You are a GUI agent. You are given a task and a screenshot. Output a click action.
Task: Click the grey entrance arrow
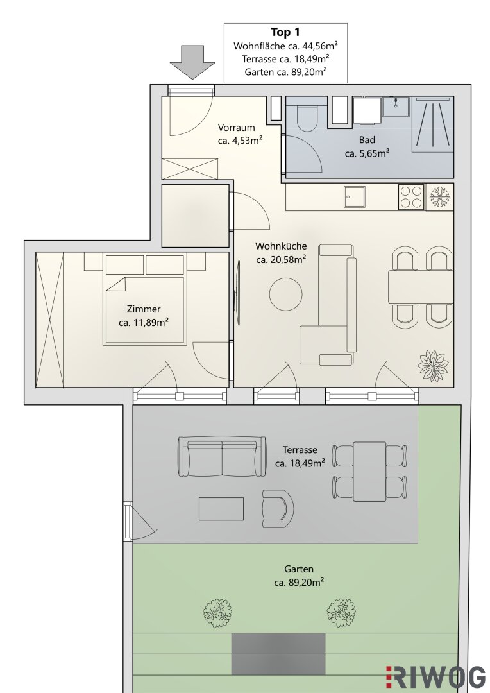pyautogui.click(x=192, y=62)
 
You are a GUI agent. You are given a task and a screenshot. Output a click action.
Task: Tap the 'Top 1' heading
pyautogui.click(x=285, y=32)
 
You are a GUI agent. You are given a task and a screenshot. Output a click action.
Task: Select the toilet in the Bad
pyautogui.click(x=307, y=114)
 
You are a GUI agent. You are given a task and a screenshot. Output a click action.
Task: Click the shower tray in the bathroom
pyautogui.click(x=434, y=124)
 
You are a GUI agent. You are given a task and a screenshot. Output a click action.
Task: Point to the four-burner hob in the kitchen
pyautogui.click(x=411, y=197)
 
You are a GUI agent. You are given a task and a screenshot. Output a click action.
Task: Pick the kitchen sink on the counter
pyautogui.click(x=355, y=197)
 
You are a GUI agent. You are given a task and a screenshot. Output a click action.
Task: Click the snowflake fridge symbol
pyautogui.click(x=439, y=197)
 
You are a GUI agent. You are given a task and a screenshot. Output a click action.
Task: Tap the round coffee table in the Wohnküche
pyautogui.click(x=286, y=294)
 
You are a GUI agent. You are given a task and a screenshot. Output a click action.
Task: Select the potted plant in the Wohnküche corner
pyautogui.click(x=433, y=365)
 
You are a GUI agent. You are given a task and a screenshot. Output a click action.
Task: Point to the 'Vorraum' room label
pyautogui.click(x=237, y=128)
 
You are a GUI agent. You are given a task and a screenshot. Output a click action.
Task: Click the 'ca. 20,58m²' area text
pyautogui.click(x=282, y=260)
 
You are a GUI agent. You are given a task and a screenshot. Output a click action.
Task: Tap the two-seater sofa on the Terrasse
pyautogui.click(x=223, y=457)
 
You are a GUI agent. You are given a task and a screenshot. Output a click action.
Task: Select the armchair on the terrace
pyautogui.click(x=278, y=508)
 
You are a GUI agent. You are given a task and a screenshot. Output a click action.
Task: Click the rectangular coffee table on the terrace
pyautogui.click(x=221, y=509)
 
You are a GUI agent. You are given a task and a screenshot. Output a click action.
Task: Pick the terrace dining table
pyautogui.click(x=370, y=472)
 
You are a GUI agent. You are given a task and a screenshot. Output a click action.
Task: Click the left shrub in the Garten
pyautogui.click(x=217, y=613)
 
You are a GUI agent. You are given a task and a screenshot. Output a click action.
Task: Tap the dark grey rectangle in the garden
pyautogui.click(x=278, y=654)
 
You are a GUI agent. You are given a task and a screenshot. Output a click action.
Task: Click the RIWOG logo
pyautogui.click(x=435, y=677)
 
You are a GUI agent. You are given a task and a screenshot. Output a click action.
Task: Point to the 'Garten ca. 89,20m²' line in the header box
pyautogui.click(x=285, y=72)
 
